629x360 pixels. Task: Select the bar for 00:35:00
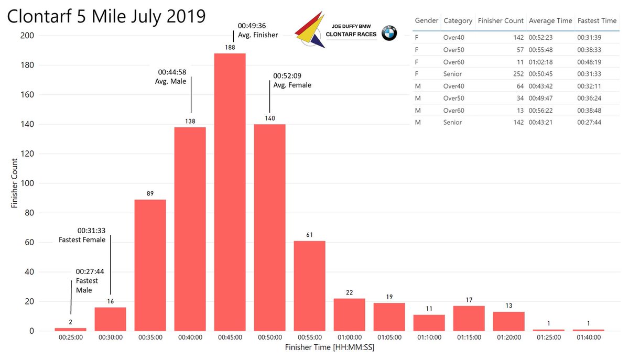[x=150, y=265]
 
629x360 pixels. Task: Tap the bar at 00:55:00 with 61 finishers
[x=309, y=286]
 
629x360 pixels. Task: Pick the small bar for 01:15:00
[x=469, y=319]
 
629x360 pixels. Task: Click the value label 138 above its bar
[x=190, y=121]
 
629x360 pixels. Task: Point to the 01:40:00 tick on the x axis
[x=588, y=338]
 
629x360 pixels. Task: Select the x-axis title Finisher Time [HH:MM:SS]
[x=329, y=348]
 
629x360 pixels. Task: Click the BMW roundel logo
[x=389, y=33]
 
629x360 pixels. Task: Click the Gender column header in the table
[x=427, y=21]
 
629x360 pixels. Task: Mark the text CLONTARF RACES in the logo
[x=351, y=34]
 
